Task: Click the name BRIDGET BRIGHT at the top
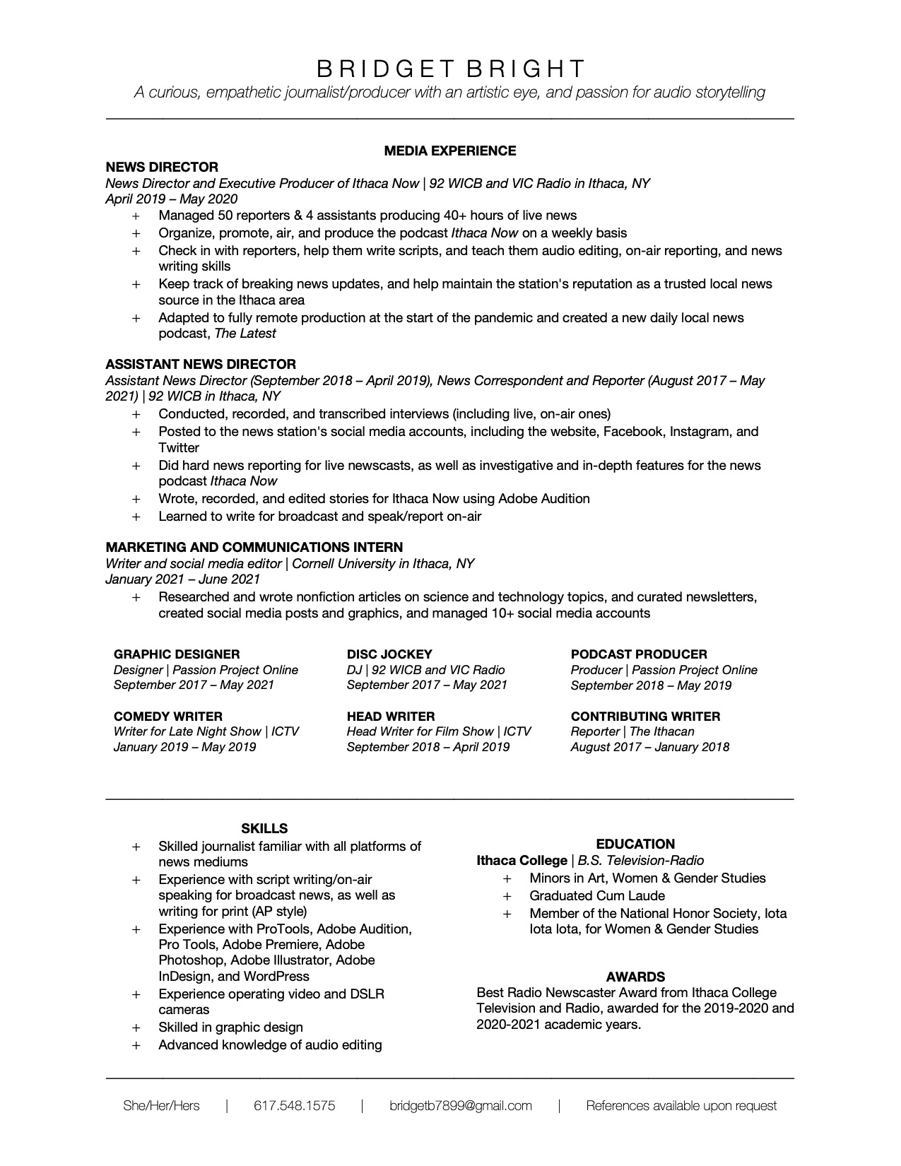tap(450, 69)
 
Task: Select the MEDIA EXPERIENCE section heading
tap(450, 151)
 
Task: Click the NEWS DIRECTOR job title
tap(162, 167)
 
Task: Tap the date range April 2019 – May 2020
tap(171, 199)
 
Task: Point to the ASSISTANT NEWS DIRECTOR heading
tap(201, 364)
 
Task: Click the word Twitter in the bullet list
tap(179, 447)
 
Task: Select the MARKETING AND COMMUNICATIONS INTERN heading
tap(254, 547)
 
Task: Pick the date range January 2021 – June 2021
tap(182, 579)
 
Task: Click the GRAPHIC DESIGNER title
tap(177, 654)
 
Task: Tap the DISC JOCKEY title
tap(389, 654)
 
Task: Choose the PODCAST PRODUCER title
tap(639, 654)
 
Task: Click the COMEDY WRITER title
tap(168, 716)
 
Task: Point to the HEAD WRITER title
tap(391, 716)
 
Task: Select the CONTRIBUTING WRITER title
tap(645, 716)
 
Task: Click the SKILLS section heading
tap(264, 828)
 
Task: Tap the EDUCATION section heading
tap(635, 844)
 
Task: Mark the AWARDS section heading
tap(635, 977)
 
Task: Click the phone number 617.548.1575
tap(295, 1106)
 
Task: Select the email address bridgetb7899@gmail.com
tap(461, 1106)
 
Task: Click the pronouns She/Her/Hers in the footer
tap(161, 1106)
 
